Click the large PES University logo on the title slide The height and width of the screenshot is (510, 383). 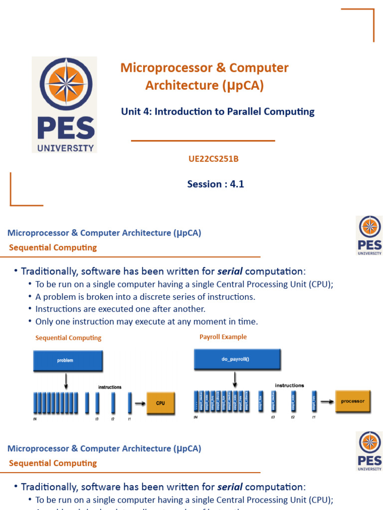coord(64,105)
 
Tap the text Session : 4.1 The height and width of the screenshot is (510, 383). coord(215,184)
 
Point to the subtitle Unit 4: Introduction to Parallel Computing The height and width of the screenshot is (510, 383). coord(217,112)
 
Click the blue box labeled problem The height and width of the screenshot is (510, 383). coord(68,361)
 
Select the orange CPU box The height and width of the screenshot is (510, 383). coord(161,403)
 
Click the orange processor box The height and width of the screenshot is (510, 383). coord(353,401)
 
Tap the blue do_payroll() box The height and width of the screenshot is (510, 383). coord(237,358)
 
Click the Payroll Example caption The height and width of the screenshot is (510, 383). coord(223,337)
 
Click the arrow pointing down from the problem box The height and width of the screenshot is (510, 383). coord(66,381)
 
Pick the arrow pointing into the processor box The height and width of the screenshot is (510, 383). coord(327,401)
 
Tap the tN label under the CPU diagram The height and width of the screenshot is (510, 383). coord(35,419)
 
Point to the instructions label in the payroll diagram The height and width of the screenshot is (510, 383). coord(289,385)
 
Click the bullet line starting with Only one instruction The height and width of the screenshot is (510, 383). coord(147,322)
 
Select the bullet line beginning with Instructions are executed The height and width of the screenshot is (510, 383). coord(120,309)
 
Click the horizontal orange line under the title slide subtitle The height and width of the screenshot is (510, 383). coord(203,141)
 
